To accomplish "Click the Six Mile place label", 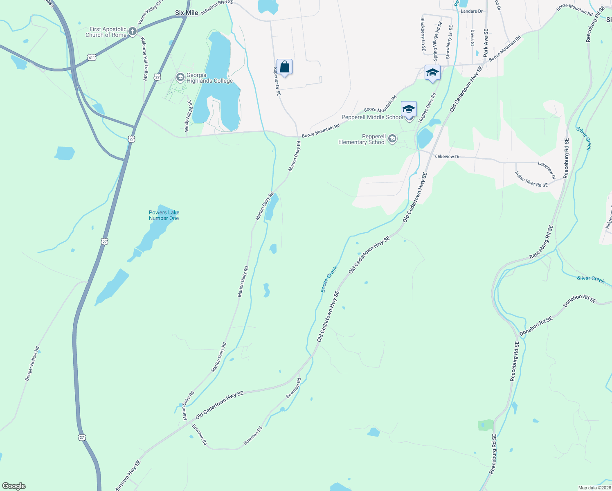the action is click(187, 13).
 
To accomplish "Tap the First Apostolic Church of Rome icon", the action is click(132, 32).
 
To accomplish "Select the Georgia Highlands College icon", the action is click(180, 77).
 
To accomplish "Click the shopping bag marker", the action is click(284, 67).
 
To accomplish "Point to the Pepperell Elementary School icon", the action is click(392, 139).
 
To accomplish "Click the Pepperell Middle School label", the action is click(372, 117).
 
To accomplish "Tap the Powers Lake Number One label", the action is click(164, 215).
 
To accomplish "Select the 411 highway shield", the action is click(92, 58).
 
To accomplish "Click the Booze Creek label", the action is click(329, 279).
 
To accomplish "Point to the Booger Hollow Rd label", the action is click(32, 364).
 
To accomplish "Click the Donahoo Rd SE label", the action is click(536, 326).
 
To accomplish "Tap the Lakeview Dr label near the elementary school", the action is click(447, 157).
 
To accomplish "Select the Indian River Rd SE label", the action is click(531, 179).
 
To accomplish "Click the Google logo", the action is click(14, 486).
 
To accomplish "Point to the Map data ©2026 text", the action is click(594, 488).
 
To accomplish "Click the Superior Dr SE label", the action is click(277, 81).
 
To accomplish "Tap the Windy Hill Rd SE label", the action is click(188, 116).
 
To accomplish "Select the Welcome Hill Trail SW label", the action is click(144, 58).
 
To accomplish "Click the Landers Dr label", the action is click(472, 11).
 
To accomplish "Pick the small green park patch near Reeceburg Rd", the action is click(486, 425).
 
